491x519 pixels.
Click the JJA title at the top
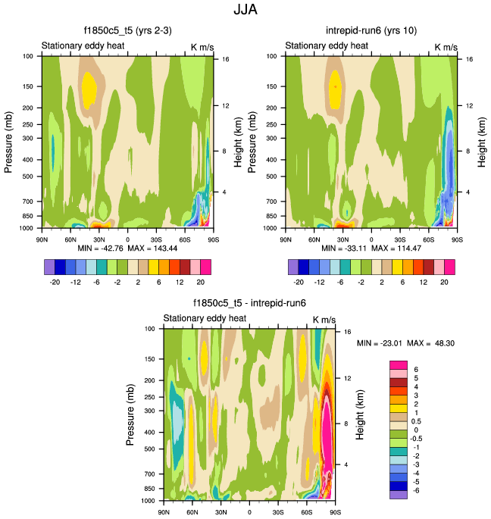pyautogui.click(x=245, y=11)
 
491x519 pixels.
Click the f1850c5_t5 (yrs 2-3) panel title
pyautogui.click(x=127, y=31)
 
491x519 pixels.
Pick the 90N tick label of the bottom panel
pyautogui.click(x=164, y=512)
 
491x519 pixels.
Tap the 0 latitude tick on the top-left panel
pyautogui.click(x=127, y=239)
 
